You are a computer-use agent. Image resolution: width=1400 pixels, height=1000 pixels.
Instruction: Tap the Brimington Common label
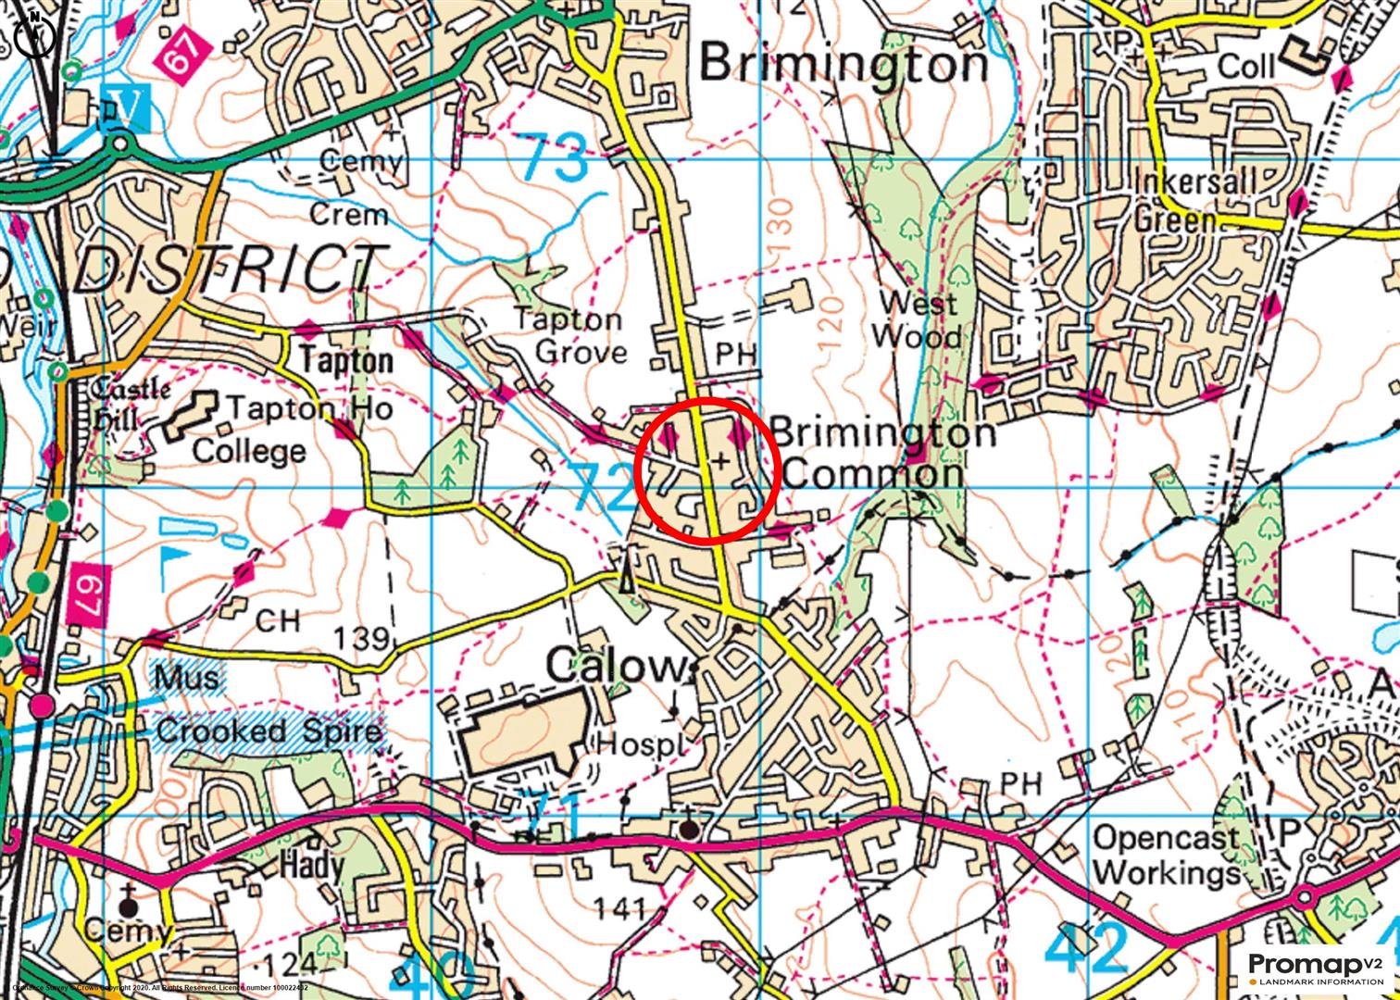[x=881, y=454]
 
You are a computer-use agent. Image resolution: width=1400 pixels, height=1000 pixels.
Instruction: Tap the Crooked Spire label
[x=269, y=731]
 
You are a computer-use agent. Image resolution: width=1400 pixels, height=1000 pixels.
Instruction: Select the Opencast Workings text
[x=1167, y=856]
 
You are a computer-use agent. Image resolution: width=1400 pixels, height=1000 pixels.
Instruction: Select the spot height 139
[x=361, y=639]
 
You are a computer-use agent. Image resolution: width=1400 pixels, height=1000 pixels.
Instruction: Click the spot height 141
[x=619, y=908]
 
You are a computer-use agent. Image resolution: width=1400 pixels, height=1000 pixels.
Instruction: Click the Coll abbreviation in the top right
[x=1245, y=67]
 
